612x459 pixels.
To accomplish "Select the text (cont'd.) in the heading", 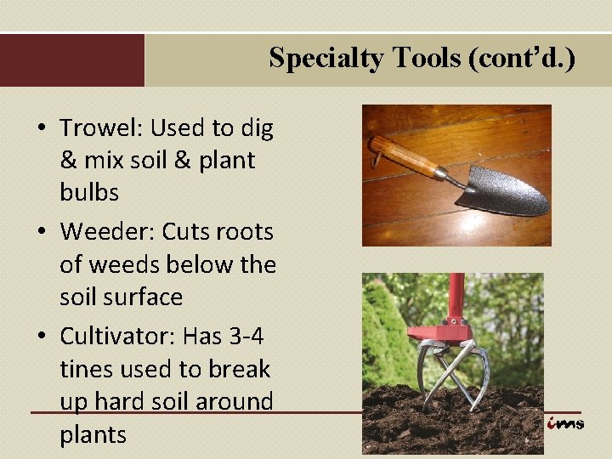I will pos(521,58).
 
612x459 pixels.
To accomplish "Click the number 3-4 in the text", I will pos(246,336).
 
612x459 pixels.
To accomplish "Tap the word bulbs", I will pos(89,193).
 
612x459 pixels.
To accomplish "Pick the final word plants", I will pos(93,434).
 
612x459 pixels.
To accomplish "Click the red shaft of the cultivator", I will pos(456,294).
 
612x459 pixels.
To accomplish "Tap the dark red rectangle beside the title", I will pos(72,60).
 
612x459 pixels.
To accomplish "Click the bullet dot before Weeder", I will pos(41,232).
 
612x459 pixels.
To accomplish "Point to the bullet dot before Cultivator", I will pos(41,337).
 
